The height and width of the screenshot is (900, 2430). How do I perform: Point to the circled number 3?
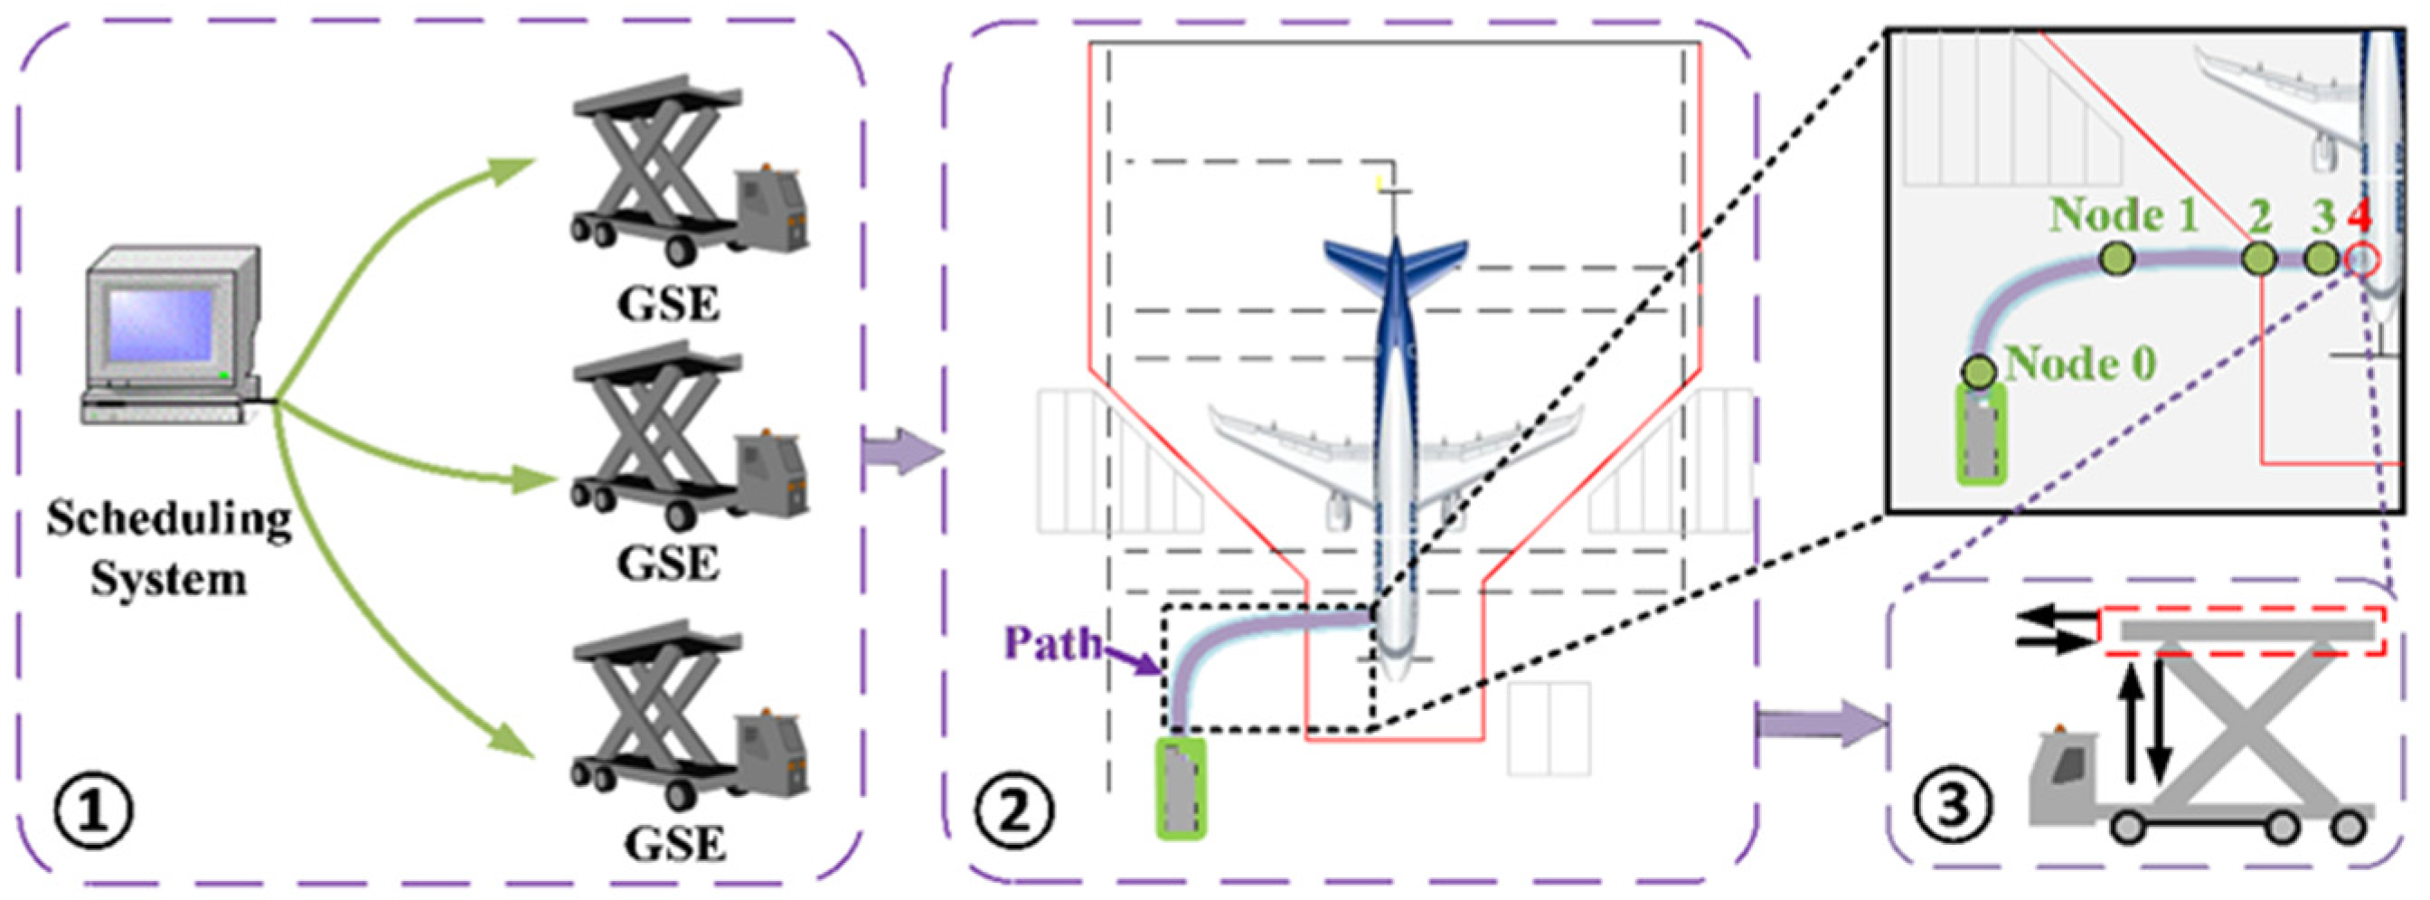pyautogui.click(x=1952, y=808)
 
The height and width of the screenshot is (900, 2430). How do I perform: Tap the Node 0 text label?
pyautogui.click(x=2080, y=365)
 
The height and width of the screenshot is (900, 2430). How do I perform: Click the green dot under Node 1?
pyautogui.click(x=2118, y=258)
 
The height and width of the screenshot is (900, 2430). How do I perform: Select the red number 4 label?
pyautogui.click(x=2359, y=217)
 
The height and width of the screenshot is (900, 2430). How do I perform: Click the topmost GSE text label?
pyautogui.click(x=668, y=304)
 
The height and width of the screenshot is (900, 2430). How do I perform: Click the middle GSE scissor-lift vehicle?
pyautogui.click(x=689, y=443)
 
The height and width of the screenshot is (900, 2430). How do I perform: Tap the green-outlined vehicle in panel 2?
pyautogui.click(x=1181, y=788)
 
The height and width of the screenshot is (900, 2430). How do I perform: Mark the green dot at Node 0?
pyautogui.click(x=1977, y=371)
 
